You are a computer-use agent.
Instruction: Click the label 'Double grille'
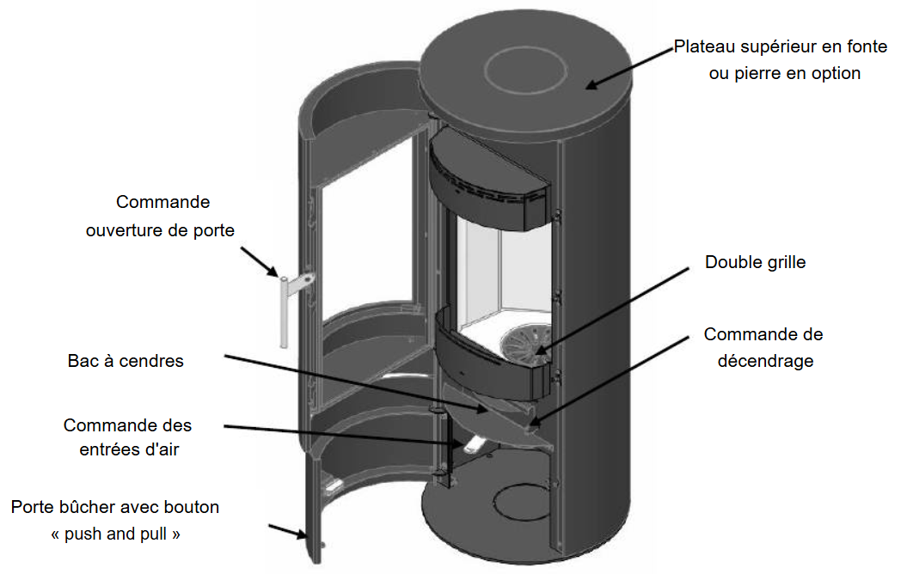[755, 262]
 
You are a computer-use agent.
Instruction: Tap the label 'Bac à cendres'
[126, 361]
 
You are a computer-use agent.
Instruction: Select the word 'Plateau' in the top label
[703, 46]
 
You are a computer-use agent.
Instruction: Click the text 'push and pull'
[116, 534]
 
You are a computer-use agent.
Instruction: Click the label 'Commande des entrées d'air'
[127, 437]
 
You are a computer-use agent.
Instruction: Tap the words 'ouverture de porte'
[160, 230]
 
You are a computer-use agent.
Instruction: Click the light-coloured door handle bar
[281, 310]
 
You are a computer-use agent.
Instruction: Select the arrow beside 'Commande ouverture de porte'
[257, 263]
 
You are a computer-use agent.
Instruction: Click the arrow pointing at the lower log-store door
[288, 532]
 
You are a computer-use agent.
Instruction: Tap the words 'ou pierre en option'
[784, 73]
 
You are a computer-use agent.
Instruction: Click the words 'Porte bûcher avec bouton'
[115, 507]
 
